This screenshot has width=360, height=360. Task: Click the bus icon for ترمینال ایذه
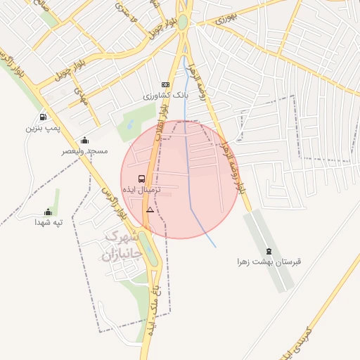(142, 179)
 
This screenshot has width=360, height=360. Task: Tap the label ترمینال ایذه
(142, 190)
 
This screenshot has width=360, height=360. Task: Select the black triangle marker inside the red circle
(150, 210)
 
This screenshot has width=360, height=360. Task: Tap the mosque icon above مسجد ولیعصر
(84, 140)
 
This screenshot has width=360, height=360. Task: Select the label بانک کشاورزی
(162, 96)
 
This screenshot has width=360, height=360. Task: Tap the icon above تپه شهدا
(49, 211)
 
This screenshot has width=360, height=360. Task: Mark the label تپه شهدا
(49, 222)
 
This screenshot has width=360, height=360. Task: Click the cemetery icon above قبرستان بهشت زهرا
(269, 251)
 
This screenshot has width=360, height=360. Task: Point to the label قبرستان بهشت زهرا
(269, 262)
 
